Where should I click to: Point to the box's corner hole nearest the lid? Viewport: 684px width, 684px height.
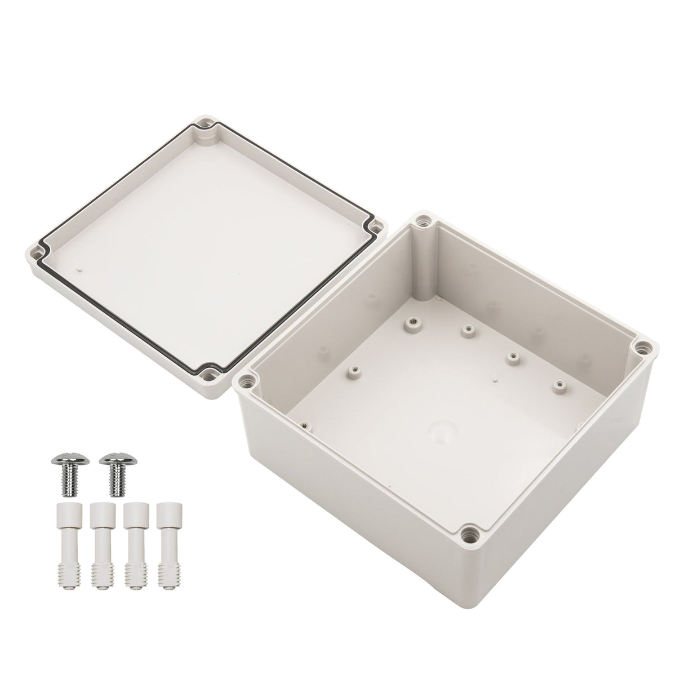coord(246,382)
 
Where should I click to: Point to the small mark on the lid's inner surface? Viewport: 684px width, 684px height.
coord(83,270)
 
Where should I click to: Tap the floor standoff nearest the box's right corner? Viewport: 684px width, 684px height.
coord(559,385)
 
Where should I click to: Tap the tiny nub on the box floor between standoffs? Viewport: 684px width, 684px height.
coord(494,380)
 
